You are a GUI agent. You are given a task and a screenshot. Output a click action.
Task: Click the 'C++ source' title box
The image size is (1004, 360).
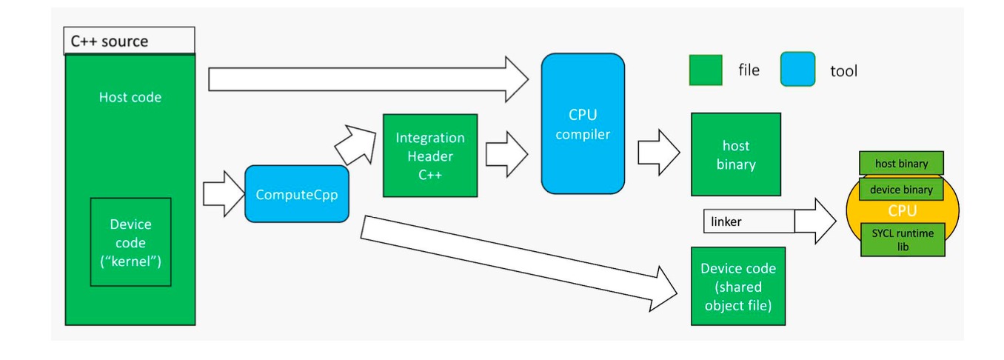[130, 41]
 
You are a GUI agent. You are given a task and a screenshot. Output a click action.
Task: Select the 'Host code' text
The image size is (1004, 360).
[130, 97]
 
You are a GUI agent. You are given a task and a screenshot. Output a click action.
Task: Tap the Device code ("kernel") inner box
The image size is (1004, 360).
[130, 242]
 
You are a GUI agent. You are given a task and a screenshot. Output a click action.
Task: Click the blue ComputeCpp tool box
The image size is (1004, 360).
[296, 194]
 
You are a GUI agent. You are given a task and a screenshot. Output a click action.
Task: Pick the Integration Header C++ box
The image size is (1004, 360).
[429, 156]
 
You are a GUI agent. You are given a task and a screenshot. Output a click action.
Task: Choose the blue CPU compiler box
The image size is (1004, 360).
[582, 124]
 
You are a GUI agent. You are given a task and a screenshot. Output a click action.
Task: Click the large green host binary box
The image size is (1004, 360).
[735, 154]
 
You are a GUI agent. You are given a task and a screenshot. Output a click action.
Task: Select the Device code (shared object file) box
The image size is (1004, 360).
[737, 286]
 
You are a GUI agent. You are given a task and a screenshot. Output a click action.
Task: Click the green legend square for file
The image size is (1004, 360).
[705, 70]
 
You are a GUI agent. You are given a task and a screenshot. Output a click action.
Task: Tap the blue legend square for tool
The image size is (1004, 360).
[797, 70]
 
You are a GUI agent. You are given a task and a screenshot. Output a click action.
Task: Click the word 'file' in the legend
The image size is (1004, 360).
[749, 70]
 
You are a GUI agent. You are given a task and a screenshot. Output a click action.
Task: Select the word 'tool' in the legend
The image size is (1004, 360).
[843, 71]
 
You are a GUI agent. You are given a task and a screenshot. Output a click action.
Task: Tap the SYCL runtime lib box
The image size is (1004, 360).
[902, 239]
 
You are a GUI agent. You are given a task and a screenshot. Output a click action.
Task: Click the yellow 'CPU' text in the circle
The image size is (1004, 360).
[902, 211]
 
